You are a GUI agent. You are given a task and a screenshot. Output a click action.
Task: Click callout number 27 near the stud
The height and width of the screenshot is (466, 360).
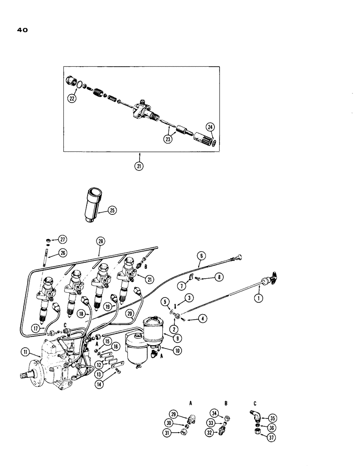click(62, 239)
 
